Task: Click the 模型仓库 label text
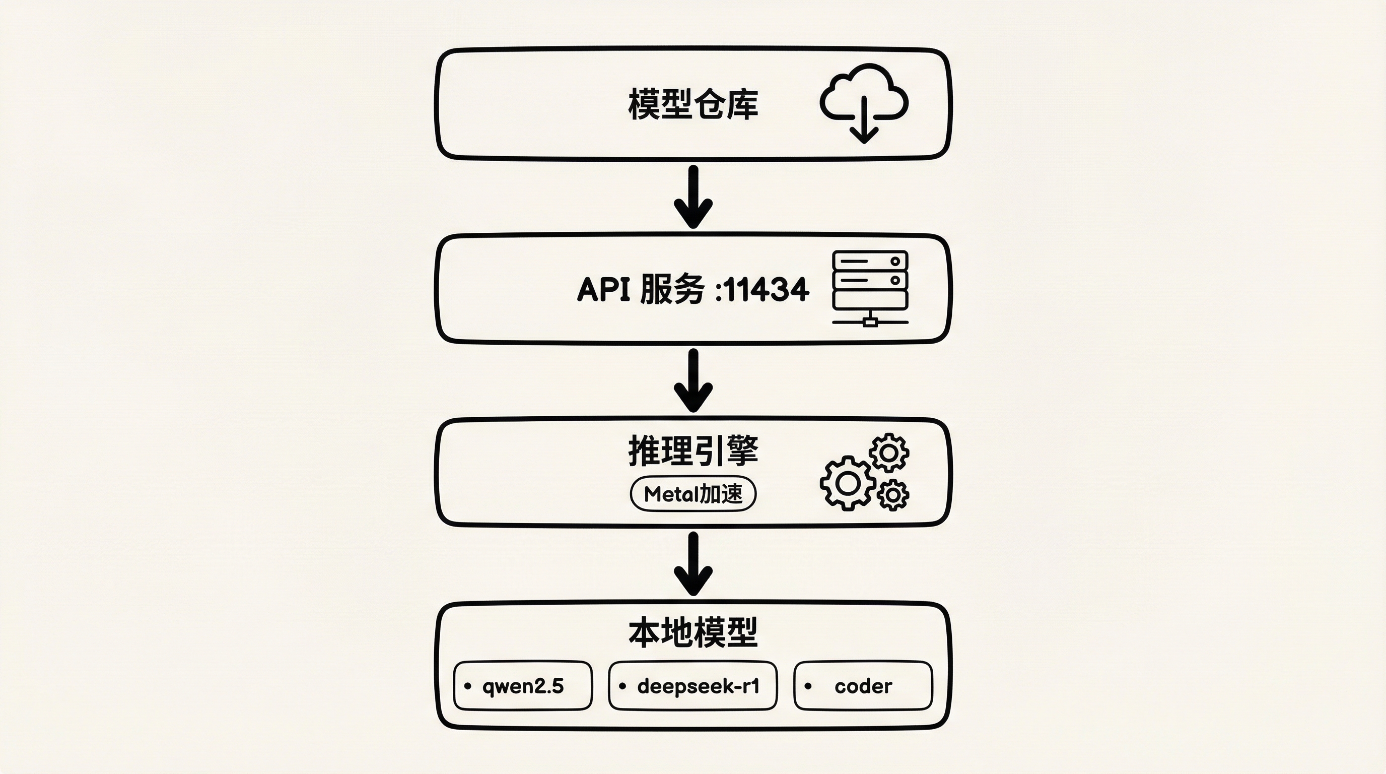coord(693,104)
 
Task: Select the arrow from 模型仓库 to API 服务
coord(694,197)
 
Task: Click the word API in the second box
coord(603,289)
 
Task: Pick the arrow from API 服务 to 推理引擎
coord(694,380)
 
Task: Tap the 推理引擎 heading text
coord(693,451)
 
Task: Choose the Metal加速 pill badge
coord(693,493)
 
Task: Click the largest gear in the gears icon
coord(848,483)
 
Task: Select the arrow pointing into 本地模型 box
coord(694,563)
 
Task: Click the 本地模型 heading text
coord(693,632)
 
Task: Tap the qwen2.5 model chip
coord(523,686)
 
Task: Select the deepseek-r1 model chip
coord(693,686)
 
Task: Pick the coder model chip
coord(863,686)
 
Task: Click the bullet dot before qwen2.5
coord(467,686)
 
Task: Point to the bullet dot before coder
coord(808,686)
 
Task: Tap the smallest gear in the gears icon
coord(893,494)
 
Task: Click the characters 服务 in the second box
coord(672,289)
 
